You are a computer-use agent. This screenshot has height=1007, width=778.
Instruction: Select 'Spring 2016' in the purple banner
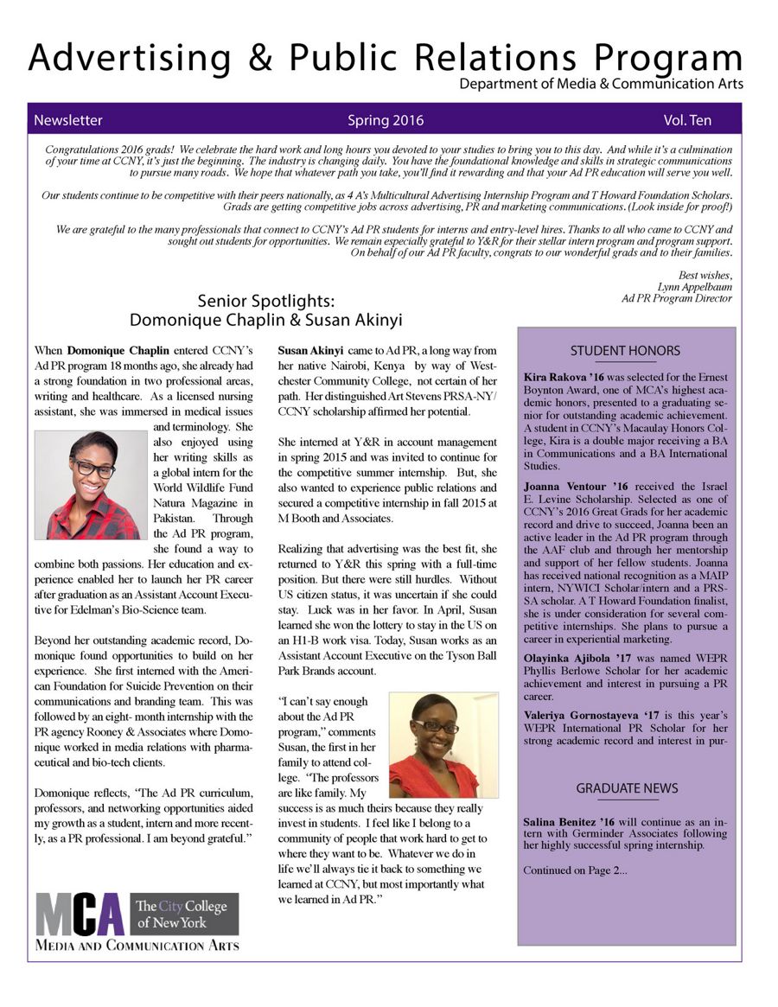click(x=386, y=120)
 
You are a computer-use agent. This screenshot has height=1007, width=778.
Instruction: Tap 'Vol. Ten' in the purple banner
click(x=687, y=120)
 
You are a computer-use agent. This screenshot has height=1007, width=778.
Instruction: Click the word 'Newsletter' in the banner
click(x=68, y=120)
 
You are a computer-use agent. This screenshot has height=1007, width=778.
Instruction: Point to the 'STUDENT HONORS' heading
click(x=625, y=351)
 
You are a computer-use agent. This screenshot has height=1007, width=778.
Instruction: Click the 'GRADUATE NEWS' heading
click(x=627, y=788)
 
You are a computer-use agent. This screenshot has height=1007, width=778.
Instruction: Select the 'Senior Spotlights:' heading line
click(x=265, y=302)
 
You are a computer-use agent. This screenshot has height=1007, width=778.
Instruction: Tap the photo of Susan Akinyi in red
click(x=443, y=745)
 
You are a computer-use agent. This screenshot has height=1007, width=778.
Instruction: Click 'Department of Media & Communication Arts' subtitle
click(x=601, y=85)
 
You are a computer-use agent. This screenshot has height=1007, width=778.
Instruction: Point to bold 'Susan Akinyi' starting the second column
click(x=310, y=351)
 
